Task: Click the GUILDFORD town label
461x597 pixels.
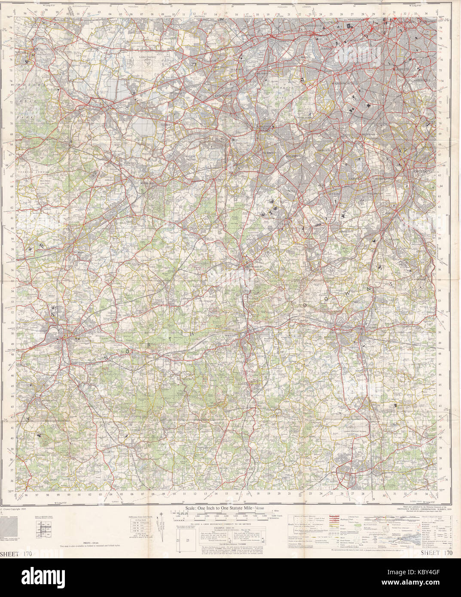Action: coord(85,340)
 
